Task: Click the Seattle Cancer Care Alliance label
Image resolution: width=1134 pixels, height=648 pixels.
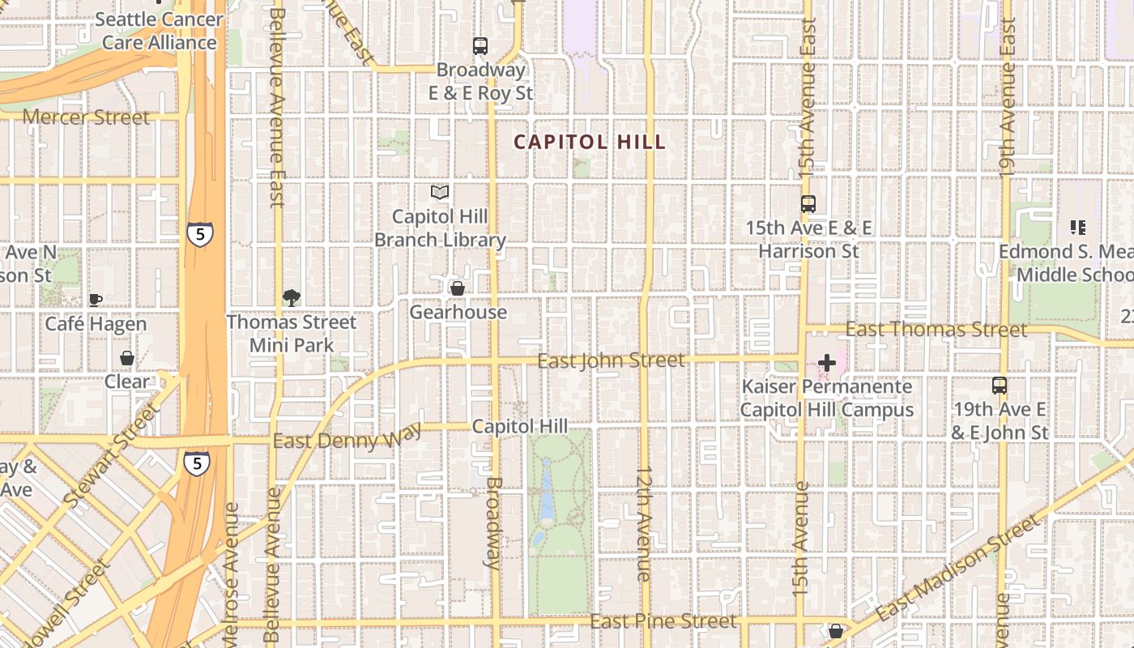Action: (x=159, y=31)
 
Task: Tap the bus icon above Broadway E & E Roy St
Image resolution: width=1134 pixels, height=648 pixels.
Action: (x=480, y=46)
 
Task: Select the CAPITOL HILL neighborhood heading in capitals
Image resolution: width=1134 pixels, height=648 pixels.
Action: (x=590, y=143)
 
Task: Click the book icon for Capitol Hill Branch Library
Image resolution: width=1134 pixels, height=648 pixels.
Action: (x=440, y=192)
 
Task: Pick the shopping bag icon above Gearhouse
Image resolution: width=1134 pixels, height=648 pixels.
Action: (x=458, y=288)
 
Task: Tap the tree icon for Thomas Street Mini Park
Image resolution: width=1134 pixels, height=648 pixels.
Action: (x=292, y=298)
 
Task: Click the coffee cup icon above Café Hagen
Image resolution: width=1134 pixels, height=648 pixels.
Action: (x=96, y=300)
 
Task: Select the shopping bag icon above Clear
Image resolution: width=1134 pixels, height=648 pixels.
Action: (x=127, y=358)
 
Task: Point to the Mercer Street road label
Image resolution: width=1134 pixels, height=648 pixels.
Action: (x=86, y=117)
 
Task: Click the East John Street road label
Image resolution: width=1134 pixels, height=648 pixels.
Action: (x=611, y=360)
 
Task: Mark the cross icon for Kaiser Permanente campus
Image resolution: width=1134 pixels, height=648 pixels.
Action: (x=826, y=363)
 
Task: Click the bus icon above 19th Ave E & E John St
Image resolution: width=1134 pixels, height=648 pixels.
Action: (x=1000, y=386)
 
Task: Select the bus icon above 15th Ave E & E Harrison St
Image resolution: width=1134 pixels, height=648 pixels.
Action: (x=808, y=204)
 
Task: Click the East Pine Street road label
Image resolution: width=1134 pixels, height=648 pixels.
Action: (x=663, y=621)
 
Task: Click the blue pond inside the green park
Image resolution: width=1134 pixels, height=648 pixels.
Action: (x=546, y=491)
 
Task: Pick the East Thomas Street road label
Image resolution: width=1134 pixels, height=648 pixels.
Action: (x=936, y=330)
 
